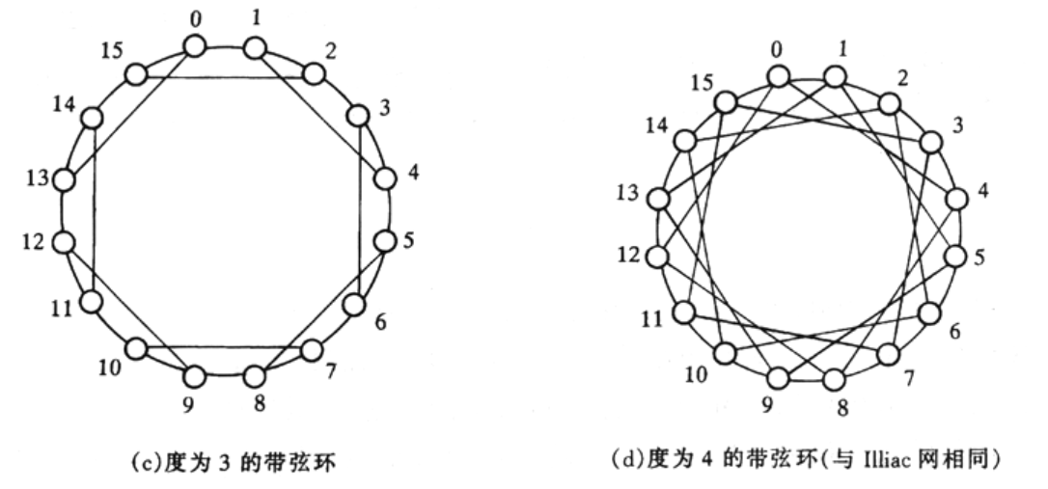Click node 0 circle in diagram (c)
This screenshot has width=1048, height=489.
[195, 46]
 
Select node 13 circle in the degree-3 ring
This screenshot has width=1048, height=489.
[64, 179]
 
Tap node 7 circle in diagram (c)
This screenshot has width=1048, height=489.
[312, 350]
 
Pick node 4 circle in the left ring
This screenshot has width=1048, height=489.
[385, 179]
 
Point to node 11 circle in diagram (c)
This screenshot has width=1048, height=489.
[91, 302]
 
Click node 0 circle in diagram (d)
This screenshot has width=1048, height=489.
[778, 76]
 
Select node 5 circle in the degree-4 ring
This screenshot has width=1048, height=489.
[956, 257]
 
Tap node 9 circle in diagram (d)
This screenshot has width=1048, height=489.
[778, 378]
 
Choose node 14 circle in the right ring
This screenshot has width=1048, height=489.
[685, 141]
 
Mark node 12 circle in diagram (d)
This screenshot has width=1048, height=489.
[658, 257]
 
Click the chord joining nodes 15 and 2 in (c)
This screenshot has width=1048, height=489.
[225, 77]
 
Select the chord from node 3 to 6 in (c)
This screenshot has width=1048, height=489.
[360, 209]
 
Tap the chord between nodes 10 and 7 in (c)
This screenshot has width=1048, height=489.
[224, 347]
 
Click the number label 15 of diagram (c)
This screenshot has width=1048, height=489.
[112, 51]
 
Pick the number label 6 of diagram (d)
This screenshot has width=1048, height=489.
[953, 331]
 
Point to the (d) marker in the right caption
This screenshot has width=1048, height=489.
[628, 460]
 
